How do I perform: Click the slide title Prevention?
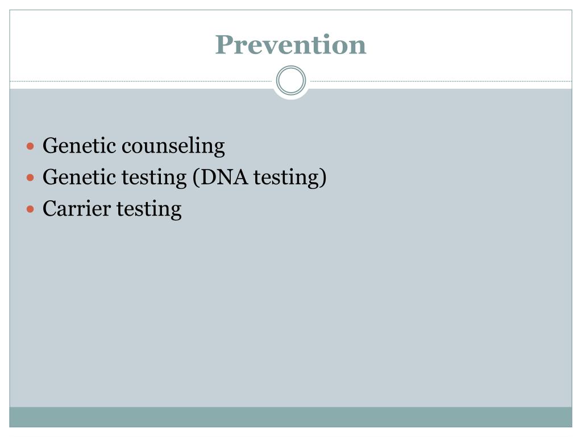click(290, 45)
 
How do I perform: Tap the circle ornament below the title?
click(291, 81)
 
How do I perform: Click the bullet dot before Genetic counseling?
click(31, 147)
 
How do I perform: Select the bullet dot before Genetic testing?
click(31, 178)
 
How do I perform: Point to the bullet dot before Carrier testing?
click(31, 209)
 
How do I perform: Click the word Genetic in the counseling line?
click(79, 146)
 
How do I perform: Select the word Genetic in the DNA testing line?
click(79, 178)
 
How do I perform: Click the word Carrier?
click(77, 209)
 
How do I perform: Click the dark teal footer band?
click(291, 417)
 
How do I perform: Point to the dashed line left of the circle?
click(142, 81)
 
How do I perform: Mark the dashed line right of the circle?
click(440, 81)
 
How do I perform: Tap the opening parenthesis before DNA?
click(195, 178)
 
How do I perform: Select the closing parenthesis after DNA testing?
click(323, 178)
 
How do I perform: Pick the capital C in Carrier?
click(49, 209)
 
